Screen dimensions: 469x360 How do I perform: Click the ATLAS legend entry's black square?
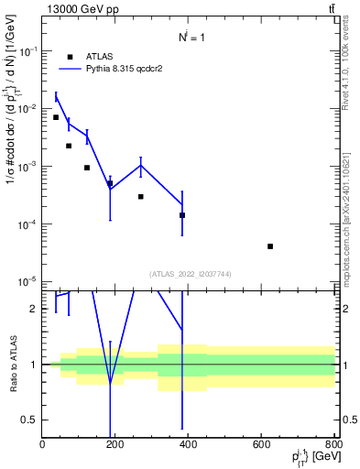70,57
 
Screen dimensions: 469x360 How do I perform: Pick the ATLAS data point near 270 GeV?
141,197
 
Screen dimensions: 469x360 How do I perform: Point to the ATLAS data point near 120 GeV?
87,168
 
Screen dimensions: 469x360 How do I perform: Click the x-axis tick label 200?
115,445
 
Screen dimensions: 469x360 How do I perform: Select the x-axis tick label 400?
189,445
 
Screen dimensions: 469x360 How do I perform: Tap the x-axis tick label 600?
262,445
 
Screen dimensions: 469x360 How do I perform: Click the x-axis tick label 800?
333,445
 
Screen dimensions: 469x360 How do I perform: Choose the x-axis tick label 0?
42,445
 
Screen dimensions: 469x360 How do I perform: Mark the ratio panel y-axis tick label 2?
34,309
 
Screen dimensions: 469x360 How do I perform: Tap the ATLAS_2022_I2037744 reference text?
189,273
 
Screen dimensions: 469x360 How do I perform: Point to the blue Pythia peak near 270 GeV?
141,165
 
